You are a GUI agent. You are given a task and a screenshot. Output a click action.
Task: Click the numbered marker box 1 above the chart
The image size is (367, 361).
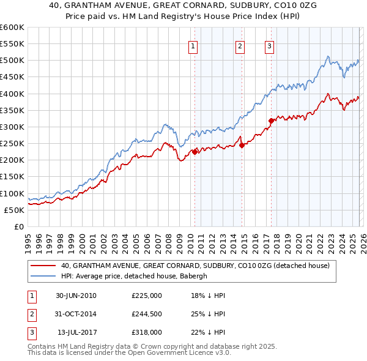tap(193, 45)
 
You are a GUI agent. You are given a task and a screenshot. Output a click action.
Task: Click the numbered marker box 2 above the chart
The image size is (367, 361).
tap(240, 45)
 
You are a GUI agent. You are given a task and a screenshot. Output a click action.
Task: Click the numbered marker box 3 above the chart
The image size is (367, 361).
tap(269, 45)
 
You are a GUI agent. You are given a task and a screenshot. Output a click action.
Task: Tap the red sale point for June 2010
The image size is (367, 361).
tap(195, 152)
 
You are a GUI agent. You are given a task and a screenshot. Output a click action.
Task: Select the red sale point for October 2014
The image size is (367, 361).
tap(242, 145)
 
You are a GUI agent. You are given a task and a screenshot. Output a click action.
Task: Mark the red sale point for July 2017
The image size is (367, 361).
tap(271, 121)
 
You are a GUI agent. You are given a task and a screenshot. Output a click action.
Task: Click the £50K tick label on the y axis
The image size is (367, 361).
tap(15, 210)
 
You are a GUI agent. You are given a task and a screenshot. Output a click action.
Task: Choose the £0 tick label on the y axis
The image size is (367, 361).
tap(19, 226)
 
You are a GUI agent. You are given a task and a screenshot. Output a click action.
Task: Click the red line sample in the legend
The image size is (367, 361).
tap(43, 266)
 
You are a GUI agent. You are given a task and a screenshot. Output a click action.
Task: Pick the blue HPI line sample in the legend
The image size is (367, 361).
tap(43, 276)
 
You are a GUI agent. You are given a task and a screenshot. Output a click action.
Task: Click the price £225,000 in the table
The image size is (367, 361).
tap(147, 296)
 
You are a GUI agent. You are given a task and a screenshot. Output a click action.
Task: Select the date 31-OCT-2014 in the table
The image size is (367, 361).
tap(76, 314)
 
